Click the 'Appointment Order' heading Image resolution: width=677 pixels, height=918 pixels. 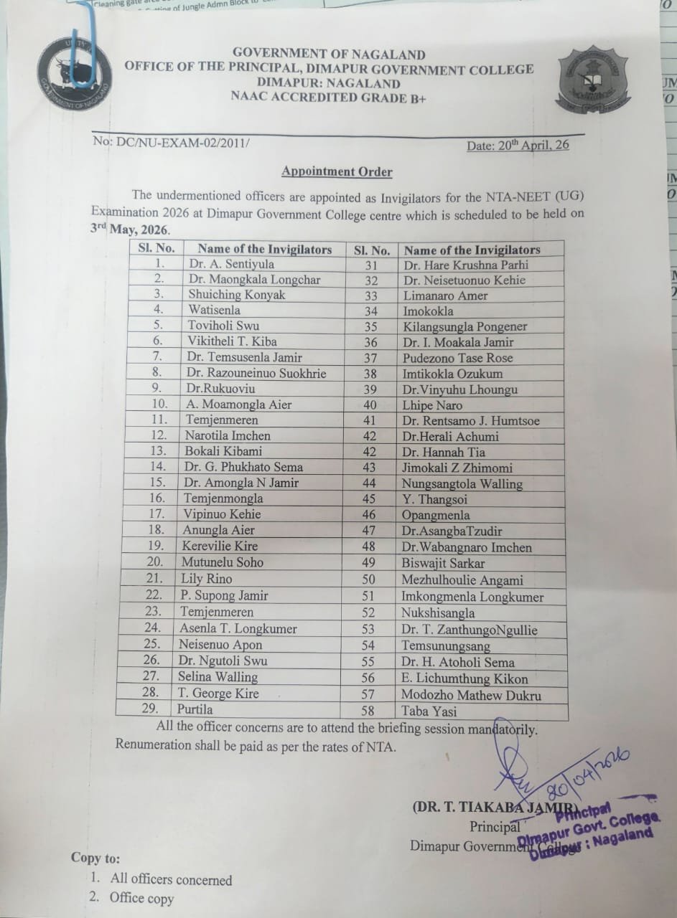tap(337, 171)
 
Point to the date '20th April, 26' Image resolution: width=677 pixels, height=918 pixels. tap(518, 145)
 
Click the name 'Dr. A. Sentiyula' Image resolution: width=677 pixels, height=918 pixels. tap(231, 264)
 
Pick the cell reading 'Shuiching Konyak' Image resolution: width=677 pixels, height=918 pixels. tap(236, 295)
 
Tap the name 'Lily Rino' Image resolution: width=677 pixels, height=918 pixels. tap(207, 578)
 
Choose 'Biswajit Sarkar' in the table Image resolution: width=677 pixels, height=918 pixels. tap(443, 564)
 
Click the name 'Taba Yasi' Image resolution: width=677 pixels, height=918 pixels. tap(429, 711)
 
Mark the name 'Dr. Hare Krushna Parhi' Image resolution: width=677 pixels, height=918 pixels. tap(465, 265)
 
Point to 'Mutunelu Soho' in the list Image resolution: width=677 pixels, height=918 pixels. tap(222, 562)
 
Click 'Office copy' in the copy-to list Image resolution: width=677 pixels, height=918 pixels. tap(141, 897)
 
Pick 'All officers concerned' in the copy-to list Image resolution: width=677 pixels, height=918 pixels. tap(171, 879)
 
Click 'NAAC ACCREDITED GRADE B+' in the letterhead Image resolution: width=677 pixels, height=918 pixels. tap(329, 98)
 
